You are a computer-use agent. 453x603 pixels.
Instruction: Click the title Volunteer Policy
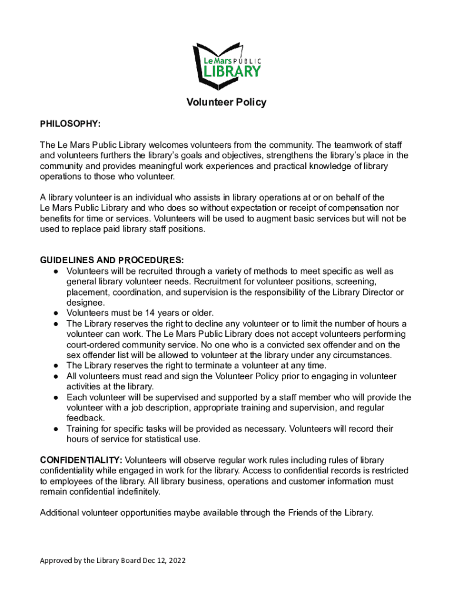click(x=226, y=102)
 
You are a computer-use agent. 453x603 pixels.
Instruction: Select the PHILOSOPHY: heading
click(x=70, y=124)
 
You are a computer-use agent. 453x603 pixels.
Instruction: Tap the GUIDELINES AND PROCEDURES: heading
click(x=112, y=260)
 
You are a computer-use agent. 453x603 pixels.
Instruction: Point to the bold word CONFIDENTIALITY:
click(x=81, y=460)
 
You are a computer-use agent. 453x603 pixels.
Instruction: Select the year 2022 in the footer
click(x=176, y=561)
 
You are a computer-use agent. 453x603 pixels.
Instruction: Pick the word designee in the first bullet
click(x=86, y=303)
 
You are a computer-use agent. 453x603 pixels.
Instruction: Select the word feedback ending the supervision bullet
click(x=86, y=418)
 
